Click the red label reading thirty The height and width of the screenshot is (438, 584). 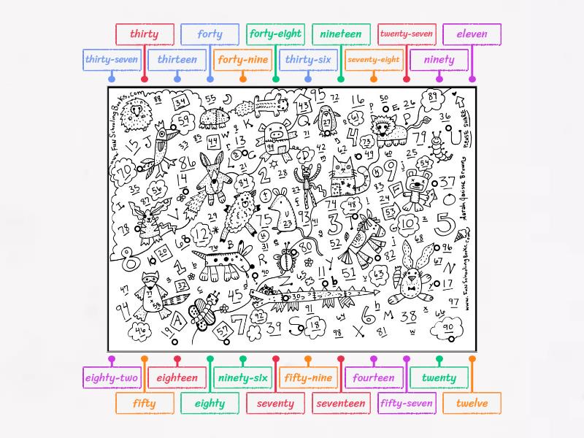(145, 34)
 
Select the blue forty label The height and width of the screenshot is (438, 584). (210, 34)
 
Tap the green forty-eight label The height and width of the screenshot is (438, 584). (275, 34)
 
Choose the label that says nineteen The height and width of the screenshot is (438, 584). (340, 34)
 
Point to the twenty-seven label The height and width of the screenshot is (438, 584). (407, 34)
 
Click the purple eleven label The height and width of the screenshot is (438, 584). (472, 34)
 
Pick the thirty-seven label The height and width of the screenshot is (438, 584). (112, 60)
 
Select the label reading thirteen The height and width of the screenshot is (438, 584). (177, 60)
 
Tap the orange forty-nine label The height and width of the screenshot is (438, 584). (243, 60)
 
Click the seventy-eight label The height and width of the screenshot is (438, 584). (373, 60)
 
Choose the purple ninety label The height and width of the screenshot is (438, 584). (439, 60)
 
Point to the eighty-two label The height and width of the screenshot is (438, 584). (112, 378)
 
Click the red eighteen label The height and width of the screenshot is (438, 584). (177, 378)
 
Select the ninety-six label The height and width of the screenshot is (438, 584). (243, 378)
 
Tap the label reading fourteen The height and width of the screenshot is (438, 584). (373, 378)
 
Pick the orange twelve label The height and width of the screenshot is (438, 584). (472, 403)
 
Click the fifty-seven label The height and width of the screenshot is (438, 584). (407, 403)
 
